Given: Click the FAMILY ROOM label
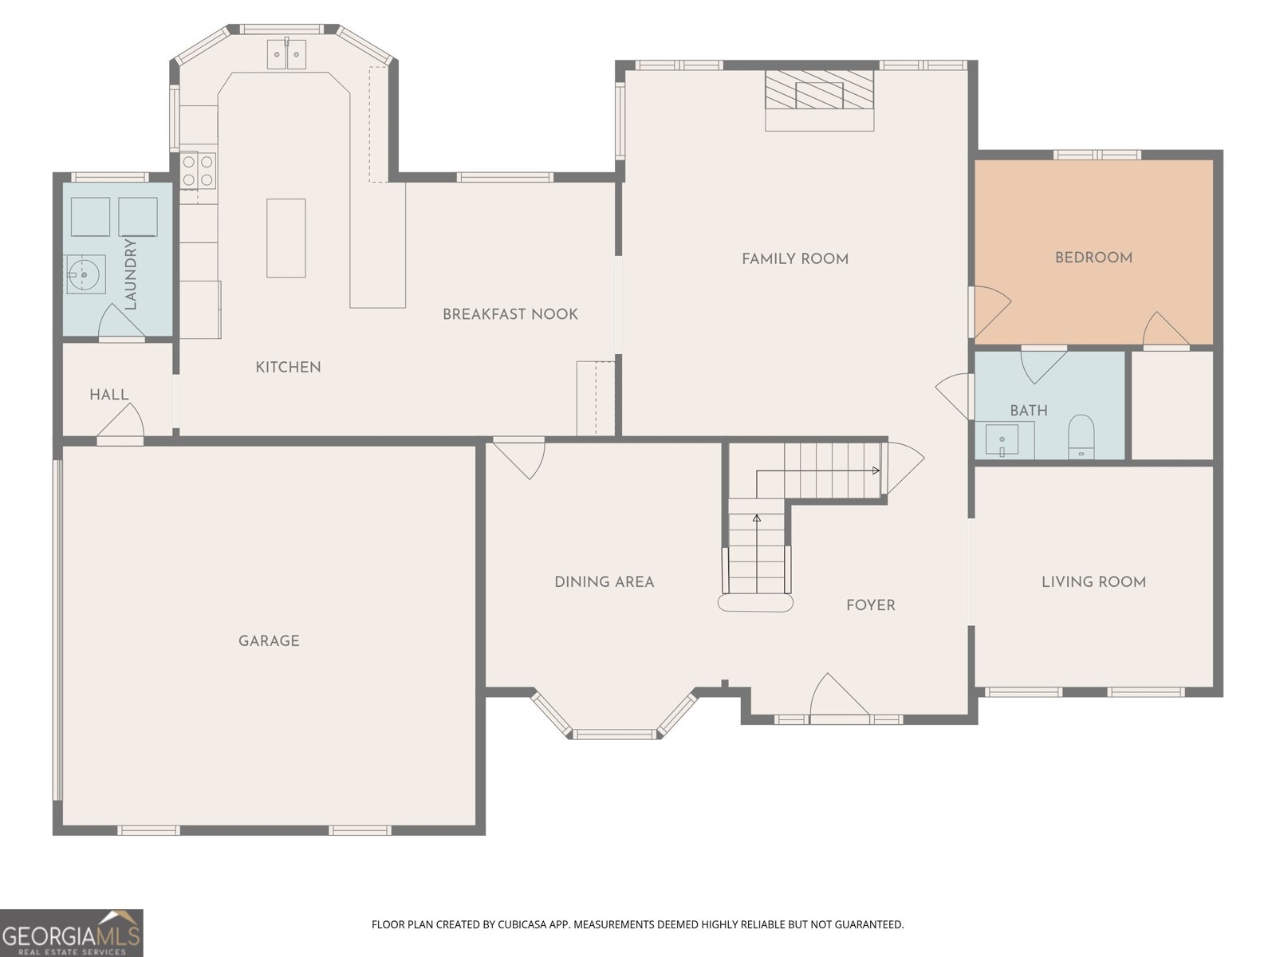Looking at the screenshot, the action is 794,258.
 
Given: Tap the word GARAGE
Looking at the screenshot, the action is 269,640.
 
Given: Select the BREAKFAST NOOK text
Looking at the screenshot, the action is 510,314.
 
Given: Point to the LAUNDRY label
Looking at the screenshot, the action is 131,274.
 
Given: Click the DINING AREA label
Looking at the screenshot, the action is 604,581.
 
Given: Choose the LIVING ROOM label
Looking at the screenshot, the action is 1093,581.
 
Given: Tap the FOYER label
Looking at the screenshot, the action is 870,605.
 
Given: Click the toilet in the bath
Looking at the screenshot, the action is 1081,436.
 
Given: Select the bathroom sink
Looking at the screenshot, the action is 1002,440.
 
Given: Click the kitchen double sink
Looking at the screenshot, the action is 286,54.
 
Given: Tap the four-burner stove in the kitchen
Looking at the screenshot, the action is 198,170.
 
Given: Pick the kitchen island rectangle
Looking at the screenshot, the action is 286,238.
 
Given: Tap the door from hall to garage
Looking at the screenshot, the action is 120,423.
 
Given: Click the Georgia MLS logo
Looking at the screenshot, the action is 72,932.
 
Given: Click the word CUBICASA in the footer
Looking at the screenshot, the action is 522,924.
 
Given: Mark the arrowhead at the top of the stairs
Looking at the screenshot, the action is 876,471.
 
